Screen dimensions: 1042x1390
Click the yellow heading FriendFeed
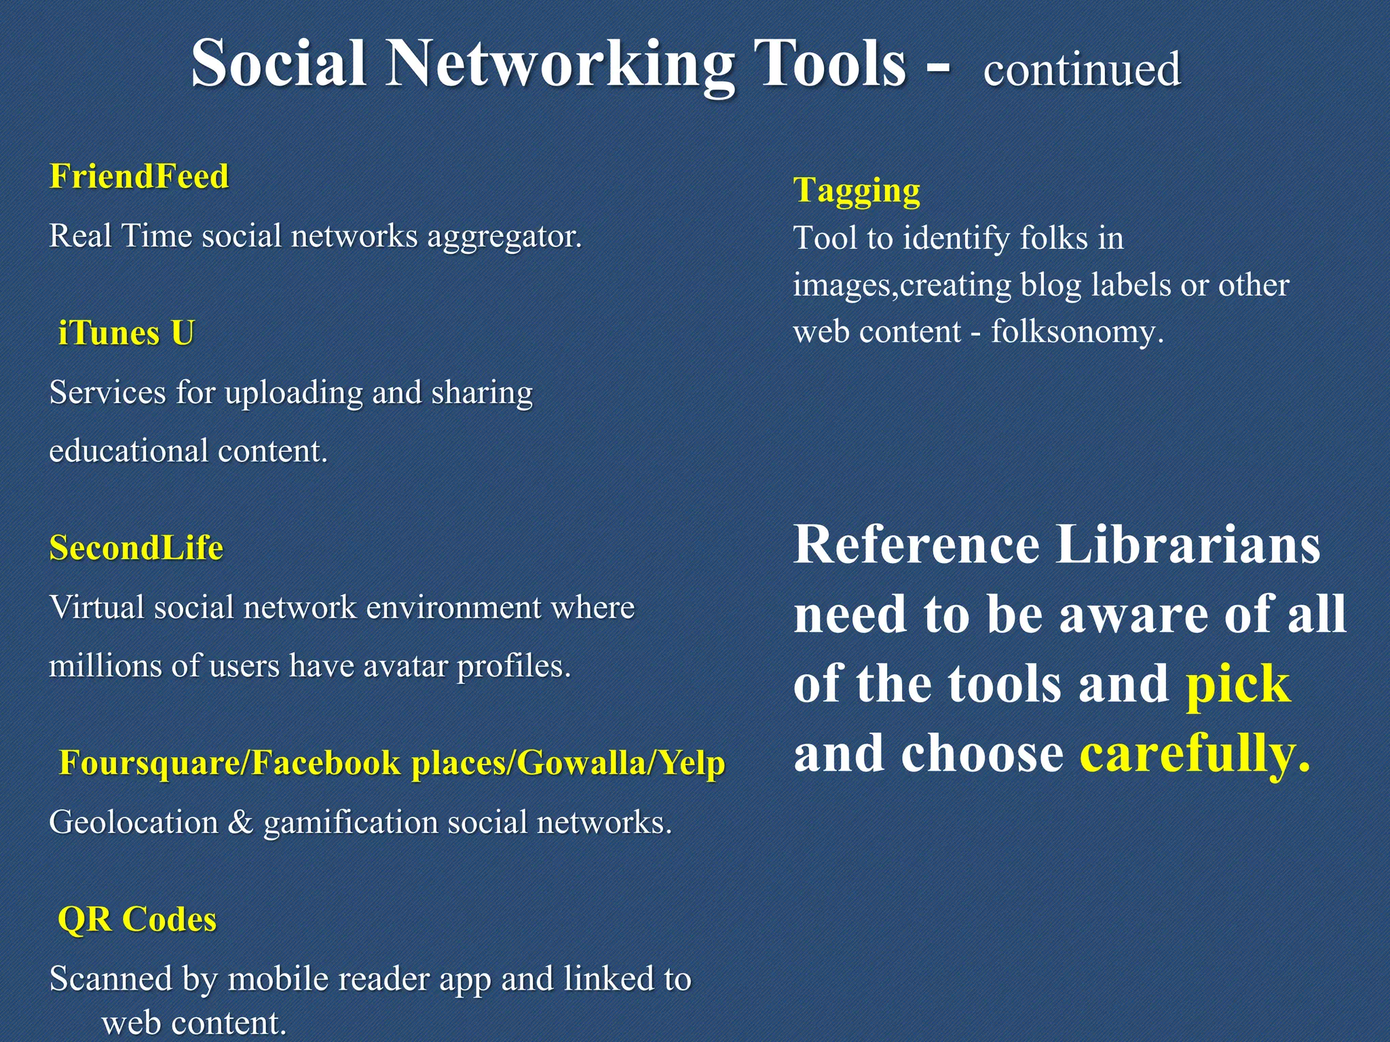pos(139,176)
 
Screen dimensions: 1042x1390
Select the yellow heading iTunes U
pos(126,333)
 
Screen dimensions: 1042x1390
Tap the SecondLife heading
pos(136,547)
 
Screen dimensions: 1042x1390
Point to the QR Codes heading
pos(137,919)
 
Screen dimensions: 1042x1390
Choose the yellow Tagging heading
pos(857,191)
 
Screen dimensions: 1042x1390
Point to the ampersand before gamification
pos(240,822)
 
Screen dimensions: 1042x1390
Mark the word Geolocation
pos(134,822)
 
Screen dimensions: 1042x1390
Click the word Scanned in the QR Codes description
pos(111,979)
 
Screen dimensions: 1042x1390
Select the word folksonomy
pos(1076,332)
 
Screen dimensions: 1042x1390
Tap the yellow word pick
pos(1237,684)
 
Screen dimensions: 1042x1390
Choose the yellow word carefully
pos(1194,754)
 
